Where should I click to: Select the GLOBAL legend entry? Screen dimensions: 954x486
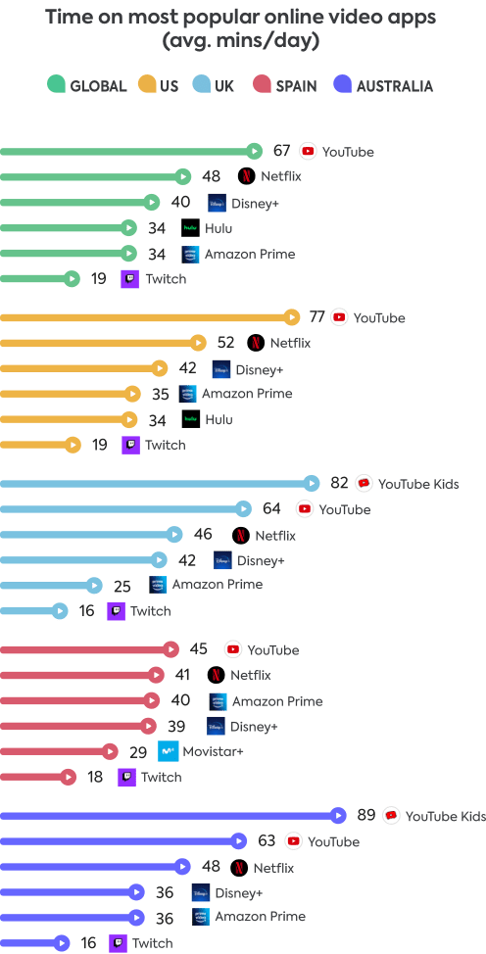click(x=87, y=86)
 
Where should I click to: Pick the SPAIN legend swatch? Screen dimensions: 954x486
click(x=262, y=86)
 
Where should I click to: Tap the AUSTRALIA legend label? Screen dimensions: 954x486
click(x=394, y=86)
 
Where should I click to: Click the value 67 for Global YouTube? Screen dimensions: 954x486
click(x=282, y=151)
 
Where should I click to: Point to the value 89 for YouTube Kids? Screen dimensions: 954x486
click(x=366, y=815)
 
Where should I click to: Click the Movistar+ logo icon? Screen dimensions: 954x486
click(x=169, y=751)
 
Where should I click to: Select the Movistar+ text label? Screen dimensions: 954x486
click(x=214, y=751)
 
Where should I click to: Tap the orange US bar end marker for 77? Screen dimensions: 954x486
click(x=291, y=317)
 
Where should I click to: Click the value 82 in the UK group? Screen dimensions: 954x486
click(x=339, y=484)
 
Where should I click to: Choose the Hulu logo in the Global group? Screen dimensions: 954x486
click(x=190, y=228)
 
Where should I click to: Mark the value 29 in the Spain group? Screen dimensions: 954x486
click(x=139, y=751)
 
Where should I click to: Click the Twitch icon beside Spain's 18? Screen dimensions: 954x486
click(x=126, y=777)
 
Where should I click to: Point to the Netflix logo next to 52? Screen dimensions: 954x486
click(x=255, y=343)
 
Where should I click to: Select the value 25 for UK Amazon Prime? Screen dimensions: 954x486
click(x=122, y=585)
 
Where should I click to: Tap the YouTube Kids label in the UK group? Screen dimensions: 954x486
click(x=418, y=484)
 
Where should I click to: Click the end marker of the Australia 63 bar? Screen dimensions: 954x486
click(x=238, y=840)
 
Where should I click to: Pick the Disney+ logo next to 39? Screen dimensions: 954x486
click(x=216, y=726)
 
